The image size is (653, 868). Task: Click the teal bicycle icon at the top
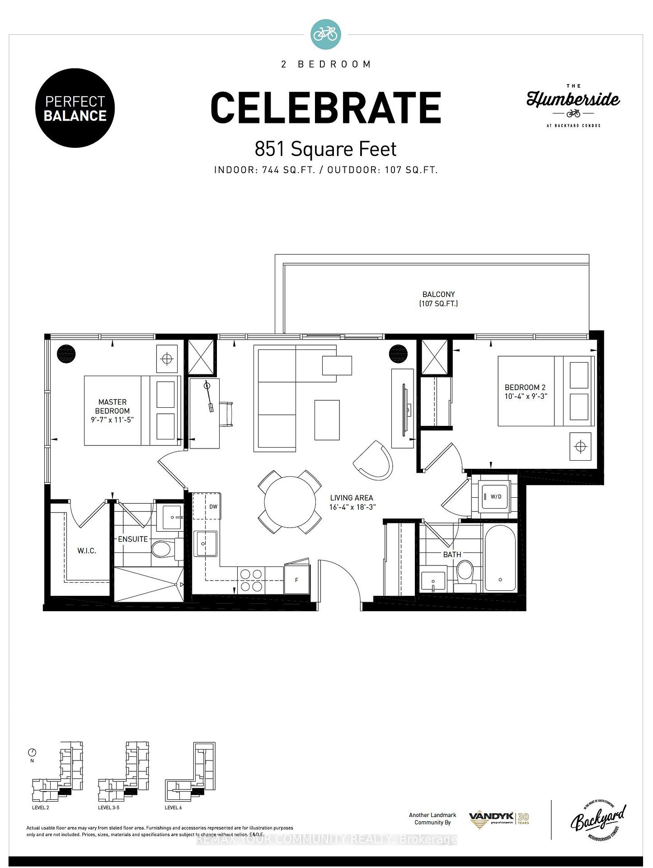point(326,34)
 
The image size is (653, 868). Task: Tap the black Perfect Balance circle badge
point(75,108)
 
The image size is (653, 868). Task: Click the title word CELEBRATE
point(325,108)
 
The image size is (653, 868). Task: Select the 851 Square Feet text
point(325,149)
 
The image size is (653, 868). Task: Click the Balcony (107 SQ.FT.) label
point(438,299)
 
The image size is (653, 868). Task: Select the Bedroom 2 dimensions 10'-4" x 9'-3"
point(526,396)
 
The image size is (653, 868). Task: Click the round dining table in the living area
point(290,502)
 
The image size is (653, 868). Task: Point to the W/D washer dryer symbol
point(496,497)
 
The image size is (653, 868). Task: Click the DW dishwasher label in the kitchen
point(213,506)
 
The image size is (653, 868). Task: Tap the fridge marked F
point(296,580)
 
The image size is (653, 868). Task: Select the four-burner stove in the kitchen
point(251,580)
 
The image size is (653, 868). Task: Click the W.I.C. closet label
point(87,551)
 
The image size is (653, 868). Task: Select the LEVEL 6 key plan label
point(174,807)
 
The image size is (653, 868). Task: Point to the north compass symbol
point(32,753)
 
